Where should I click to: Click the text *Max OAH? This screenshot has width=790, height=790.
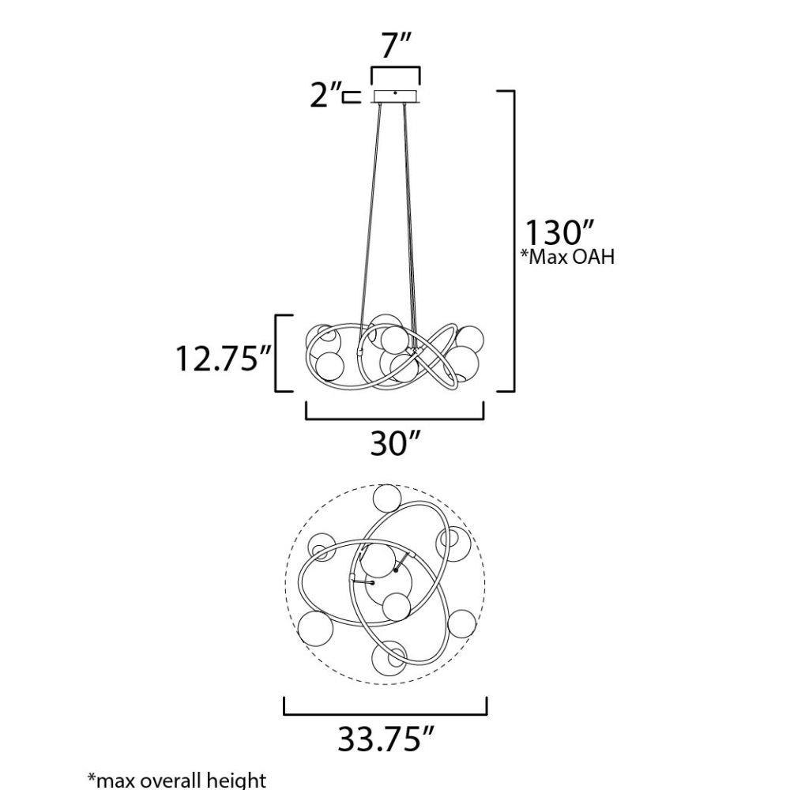[568, 257]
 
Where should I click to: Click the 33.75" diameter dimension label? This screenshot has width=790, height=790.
[386, 739]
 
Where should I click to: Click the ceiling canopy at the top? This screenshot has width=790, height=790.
[396, 96]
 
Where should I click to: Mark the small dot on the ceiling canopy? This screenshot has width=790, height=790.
[396, 92]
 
